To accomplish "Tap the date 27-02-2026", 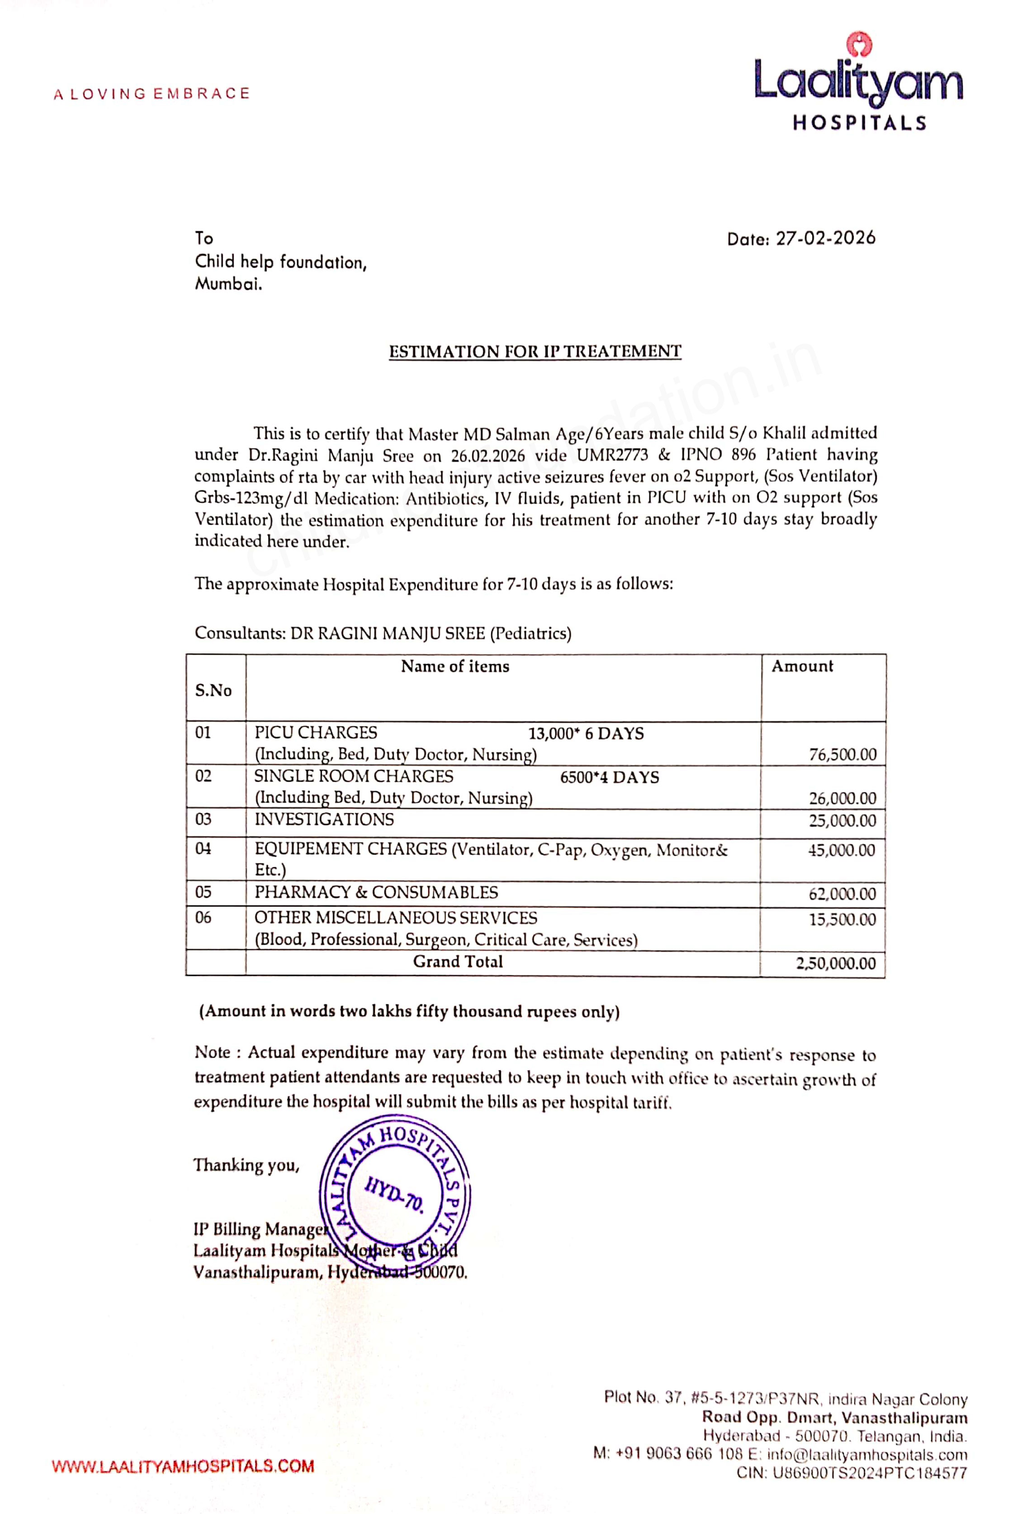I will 825,238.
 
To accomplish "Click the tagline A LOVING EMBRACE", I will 152,94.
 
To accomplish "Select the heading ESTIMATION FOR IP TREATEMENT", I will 535,352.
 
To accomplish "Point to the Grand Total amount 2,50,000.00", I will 836,963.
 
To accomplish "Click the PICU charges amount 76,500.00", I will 842,754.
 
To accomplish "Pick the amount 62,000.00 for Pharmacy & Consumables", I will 842,894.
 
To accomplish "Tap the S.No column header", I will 213,690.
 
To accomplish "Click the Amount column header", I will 802,667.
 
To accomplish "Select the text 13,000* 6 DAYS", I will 586,733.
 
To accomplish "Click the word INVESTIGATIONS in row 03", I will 324,819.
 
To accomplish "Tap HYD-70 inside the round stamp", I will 394,1194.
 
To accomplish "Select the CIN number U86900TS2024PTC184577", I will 870,1473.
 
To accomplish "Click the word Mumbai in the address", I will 228,284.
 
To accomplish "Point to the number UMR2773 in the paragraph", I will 612,455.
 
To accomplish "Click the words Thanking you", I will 246,1165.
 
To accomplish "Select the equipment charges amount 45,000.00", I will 842,850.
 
